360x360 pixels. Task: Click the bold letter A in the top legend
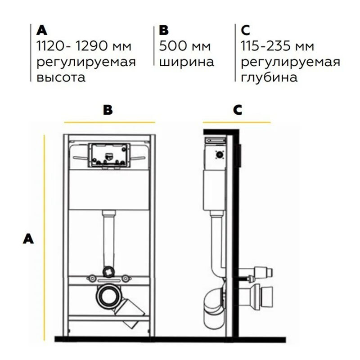(x=42, y=30)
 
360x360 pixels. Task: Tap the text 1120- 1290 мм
(x=84, y=46)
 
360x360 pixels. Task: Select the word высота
(x=61, y=77)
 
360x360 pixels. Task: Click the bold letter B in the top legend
(x=164, y=30)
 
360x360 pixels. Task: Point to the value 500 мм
(x=185, y=46)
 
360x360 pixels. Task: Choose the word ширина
(x=187, y=62)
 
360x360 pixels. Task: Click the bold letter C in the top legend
(x=245, y=30)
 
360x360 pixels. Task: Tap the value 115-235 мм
(x=277, y=46)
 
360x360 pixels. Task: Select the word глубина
(x=269, y=77)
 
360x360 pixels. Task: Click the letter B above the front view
(x=108, y=110)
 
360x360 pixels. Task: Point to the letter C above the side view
(x=238, y=110)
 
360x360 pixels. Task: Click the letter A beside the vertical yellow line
(x=28, y=239)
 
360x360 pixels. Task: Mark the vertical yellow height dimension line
(x=44, y=238)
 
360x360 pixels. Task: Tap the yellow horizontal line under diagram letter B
(x=109, y=122)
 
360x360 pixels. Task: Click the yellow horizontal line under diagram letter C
(x=237, y=122)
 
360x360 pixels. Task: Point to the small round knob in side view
(x=220, y=155)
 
